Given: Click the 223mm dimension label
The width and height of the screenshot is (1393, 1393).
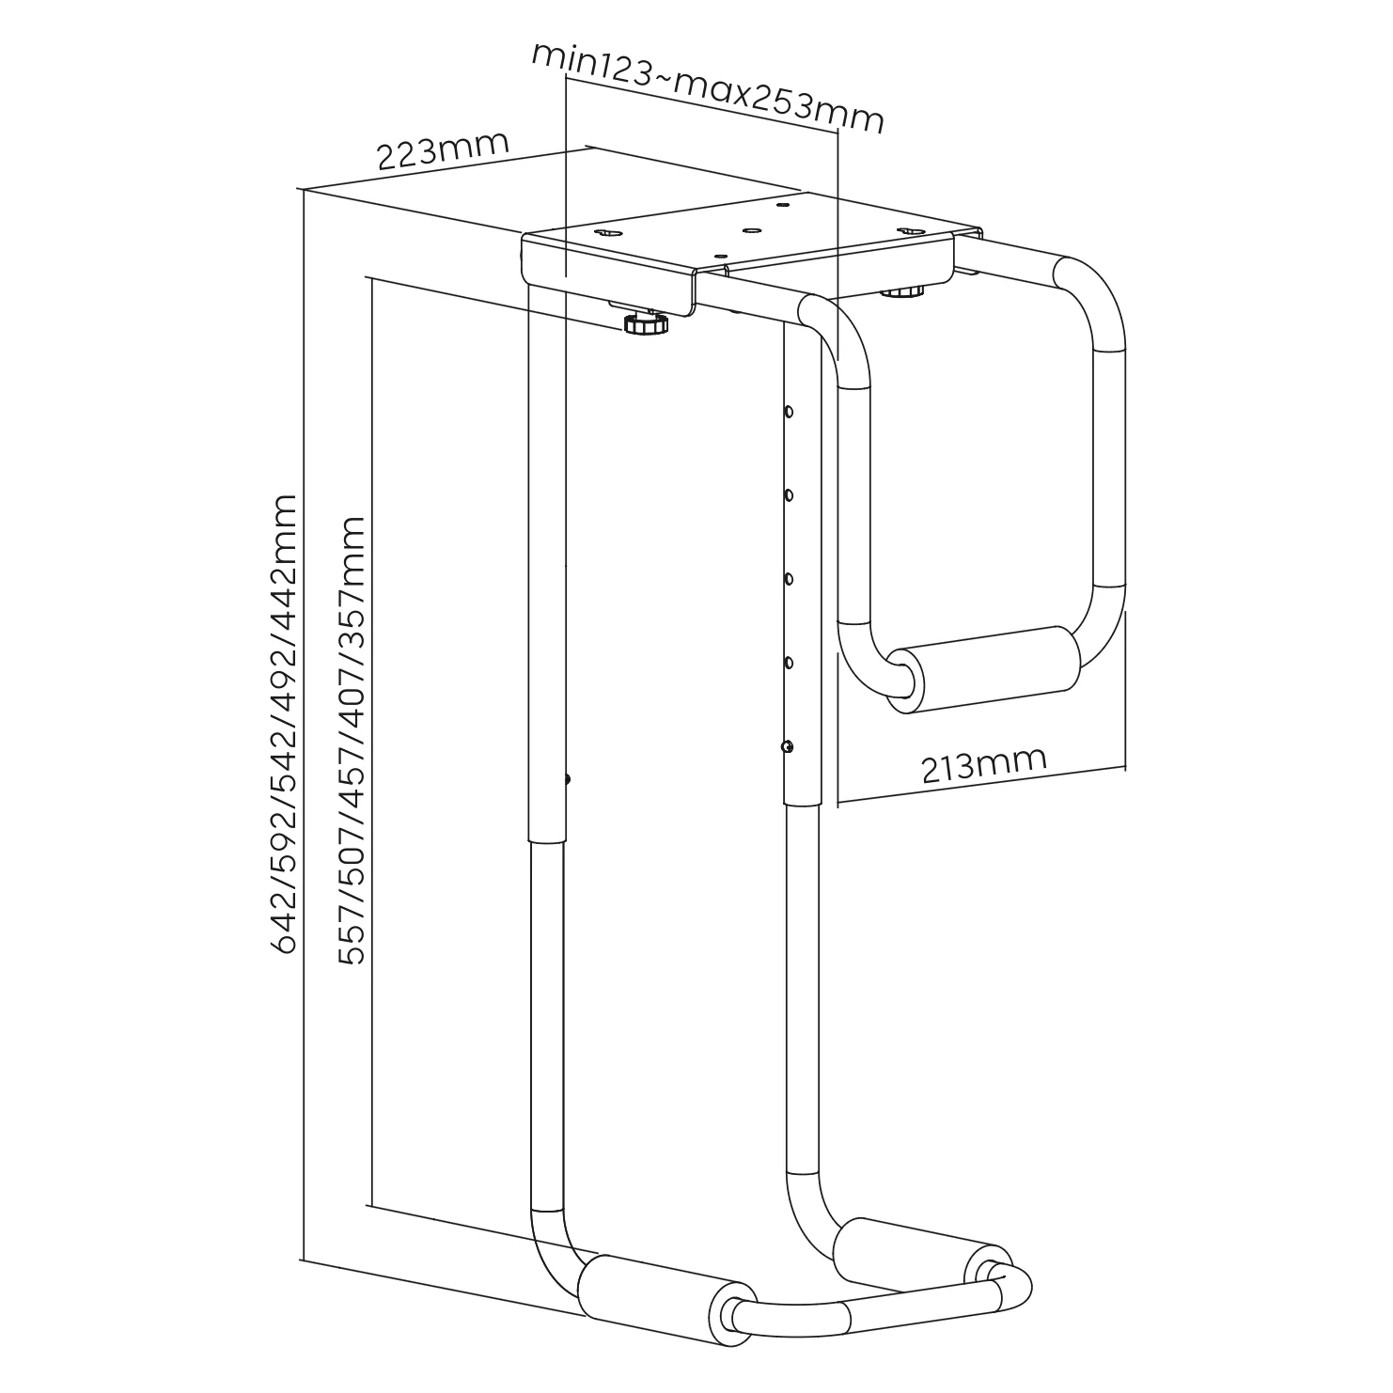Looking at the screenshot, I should [443, 150].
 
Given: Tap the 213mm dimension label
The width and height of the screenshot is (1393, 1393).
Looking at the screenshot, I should [983, 765].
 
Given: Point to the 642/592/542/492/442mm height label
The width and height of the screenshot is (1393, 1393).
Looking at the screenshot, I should [284, 724].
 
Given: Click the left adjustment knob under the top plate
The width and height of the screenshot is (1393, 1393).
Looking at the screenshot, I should [645, 324].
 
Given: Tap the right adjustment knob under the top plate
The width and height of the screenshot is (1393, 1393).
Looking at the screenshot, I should [902, 290].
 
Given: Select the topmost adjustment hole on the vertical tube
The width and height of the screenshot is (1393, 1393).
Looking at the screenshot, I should [789, 411].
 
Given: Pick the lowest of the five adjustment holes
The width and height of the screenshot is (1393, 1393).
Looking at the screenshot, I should [787, 746].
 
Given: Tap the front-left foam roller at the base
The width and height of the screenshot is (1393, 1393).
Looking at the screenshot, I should [658, 1292].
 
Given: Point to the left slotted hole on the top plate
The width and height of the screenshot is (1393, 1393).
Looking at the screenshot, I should [609, 232].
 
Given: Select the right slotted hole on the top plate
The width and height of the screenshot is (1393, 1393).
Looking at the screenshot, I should [908, 229].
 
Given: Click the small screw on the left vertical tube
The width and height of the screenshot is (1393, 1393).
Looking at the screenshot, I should [568, 778].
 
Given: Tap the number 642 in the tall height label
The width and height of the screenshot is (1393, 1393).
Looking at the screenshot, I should [284, 926].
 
